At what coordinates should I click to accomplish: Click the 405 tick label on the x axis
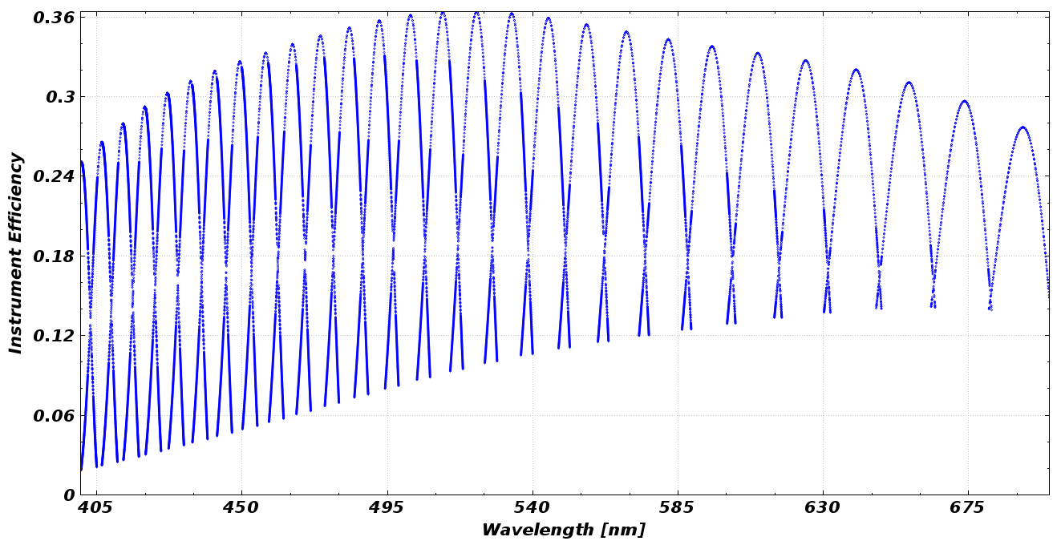[96, 508]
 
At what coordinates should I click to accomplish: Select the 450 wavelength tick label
[241, 508]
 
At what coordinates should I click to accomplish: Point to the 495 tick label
[387, 508]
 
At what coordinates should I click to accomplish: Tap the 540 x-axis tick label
[533, 508]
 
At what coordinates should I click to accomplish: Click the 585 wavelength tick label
[678, 508]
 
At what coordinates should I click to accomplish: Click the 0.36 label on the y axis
[54, 18]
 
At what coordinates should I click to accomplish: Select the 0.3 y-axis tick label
[59, 97]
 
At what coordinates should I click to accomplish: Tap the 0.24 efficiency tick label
[54, 176]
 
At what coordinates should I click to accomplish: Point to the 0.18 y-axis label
[54, 256]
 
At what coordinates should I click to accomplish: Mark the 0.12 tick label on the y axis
[54, 336]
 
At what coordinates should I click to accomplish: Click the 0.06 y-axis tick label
[54, 415]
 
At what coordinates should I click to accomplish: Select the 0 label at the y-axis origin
[69, 495]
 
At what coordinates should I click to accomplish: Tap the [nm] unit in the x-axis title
[627, 531]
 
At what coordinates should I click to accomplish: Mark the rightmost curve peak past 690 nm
[1023, 127]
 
